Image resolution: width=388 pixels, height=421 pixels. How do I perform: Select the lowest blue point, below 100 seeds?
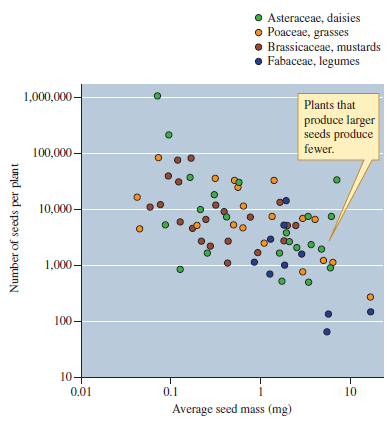[326, 331]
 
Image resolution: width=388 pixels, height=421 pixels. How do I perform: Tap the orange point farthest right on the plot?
[370, 297]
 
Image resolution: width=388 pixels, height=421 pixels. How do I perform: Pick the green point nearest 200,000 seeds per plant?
[169, 135]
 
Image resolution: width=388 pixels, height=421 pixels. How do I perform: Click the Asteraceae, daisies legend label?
[312, 19]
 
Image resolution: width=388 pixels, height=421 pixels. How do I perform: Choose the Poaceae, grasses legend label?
[307, 33]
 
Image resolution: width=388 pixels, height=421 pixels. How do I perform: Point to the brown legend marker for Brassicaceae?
[258, 47]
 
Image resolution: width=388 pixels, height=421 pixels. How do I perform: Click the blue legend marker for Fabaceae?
[258, 61]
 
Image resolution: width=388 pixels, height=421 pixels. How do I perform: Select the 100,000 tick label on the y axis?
[49, 153]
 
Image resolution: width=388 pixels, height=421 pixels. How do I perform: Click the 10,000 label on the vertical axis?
[52, 209]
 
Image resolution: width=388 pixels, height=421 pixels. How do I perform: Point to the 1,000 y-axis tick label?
[55, 265]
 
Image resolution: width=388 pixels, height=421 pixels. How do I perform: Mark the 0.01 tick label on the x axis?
[80, 390]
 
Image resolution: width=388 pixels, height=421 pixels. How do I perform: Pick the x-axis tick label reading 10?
[350, 390]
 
